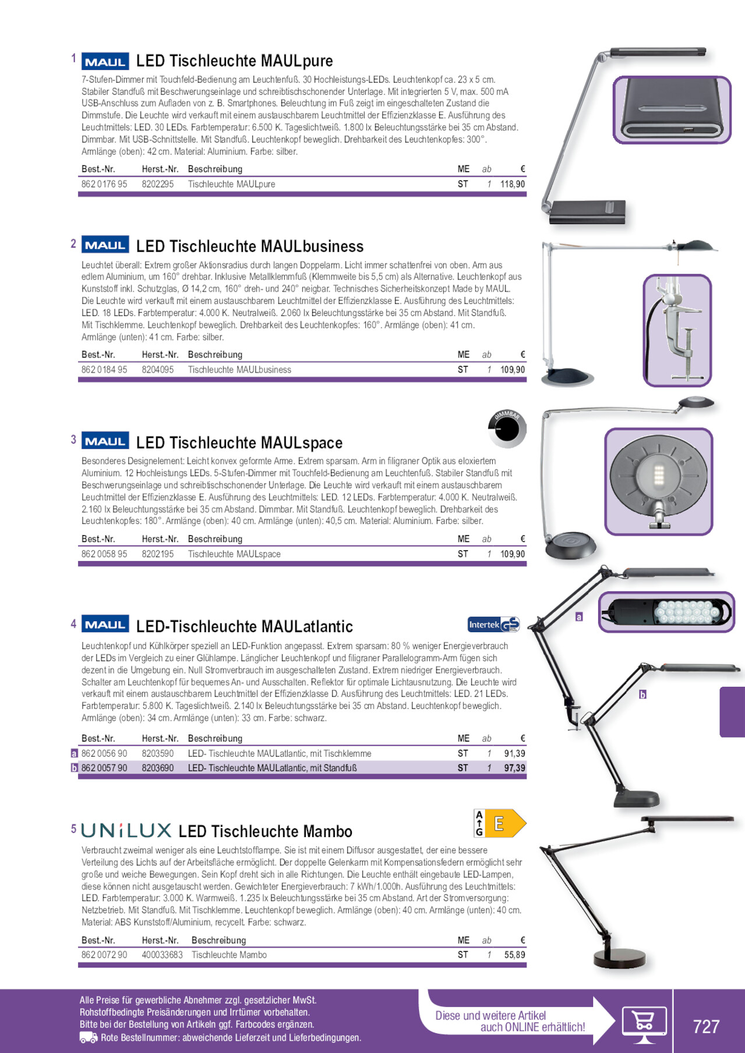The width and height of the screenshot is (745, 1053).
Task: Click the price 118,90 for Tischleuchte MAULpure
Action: [x=513, y=184]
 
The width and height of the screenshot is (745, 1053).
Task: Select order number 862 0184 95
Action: [x=104, y=370]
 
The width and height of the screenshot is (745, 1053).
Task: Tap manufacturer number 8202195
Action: [x=158, y=554]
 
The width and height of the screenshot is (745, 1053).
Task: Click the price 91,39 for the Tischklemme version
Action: [x=514, y=753]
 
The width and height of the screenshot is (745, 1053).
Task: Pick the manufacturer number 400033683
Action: [x=162, y=955]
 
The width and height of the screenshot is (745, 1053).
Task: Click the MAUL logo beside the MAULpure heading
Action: [x=105, y=61]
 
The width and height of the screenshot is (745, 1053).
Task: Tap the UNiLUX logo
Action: [x=126, y=830]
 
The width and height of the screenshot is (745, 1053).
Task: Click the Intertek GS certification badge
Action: [x=494, y=625]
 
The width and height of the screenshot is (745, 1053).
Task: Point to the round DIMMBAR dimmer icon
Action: [x=507, y=428]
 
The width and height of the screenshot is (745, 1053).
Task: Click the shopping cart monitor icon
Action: [x=644, y=1024]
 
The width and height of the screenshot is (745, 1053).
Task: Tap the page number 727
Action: [x=706, y=1026]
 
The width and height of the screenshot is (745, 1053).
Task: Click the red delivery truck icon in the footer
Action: [x=89, y=1037]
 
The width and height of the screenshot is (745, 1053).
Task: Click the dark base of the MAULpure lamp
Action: [x=587, y=212]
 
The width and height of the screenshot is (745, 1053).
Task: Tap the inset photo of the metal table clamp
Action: [x=677, y=330]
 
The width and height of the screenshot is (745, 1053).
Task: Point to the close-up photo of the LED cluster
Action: [x=666, y=612]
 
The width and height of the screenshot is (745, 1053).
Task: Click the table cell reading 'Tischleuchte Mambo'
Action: [x=229, y=955]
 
